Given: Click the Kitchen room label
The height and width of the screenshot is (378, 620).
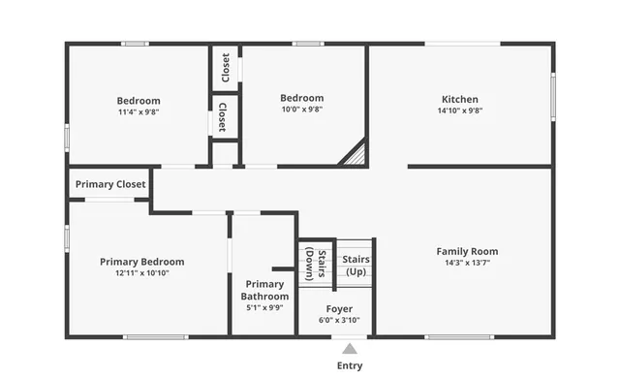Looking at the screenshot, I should click(459, 99).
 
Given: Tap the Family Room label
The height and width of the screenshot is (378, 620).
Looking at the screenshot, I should click(467, 251).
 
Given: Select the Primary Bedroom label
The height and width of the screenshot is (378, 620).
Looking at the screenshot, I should click(142, 261).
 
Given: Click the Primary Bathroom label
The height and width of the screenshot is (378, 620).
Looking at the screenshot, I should click(264, 290).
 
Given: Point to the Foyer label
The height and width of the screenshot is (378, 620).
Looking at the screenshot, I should click(339, 308).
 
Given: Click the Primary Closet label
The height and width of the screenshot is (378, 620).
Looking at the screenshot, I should click(110, 183).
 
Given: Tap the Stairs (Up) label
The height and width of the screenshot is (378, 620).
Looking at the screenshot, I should click(356, 265).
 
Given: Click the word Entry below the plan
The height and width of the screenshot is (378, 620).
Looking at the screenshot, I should click(350, 365).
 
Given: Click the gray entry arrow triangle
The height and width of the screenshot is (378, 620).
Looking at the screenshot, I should click(350, 347).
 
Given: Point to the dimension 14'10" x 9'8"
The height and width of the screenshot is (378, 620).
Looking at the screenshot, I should click(459, 110).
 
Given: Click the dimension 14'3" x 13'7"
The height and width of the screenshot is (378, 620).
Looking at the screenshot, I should click(467, 263).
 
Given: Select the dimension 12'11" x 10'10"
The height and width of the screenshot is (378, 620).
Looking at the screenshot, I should click(142, 272).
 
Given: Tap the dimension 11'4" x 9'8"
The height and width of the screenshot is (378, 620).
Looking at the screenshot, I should click(139, 111).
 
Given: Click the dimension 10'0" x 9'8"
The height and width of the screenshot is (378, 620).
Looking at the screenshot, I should click(301, 110).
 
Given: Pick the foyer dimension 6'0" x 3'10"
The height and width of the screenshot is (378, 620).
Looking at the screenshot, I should click(339, 320).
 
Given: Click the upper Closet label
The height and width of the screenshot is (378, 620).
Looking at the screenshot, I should click(226, 67).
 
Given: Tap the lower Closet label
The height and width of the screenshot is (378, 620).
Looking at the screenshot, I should click(223, 116).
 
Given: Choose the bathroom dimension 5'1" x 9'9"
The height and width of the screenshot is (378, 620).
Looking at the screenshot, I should click(264, 307).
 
